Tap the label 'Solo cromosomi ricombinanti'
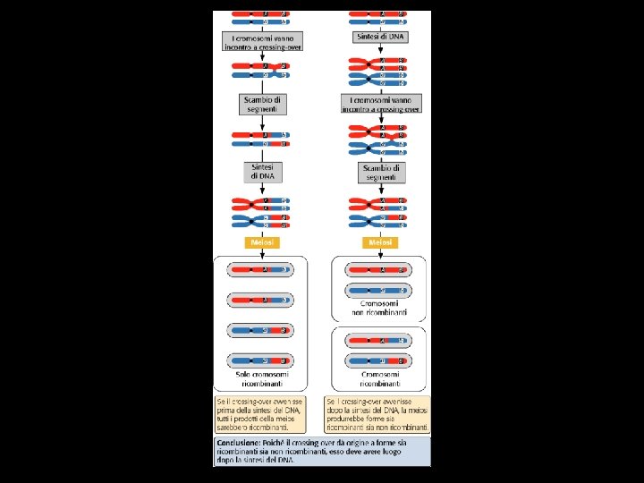click(x=263, y=380)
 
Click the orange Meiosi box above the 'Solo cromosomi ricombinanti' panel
click(x=263, y=242)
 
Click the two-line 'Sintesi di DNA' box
click(x=263, y=171)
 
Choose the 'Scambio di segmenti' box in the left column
click(x=263, y=105)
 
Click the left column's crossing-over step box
click(x=263, y=42)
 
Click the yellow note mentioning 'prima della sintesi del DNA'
click(x=266, y=413)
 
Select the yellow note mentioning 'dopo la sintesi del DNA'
click(x=377, y=413)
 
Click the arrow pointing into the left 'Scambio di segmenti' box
click(x=263, y=88)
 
